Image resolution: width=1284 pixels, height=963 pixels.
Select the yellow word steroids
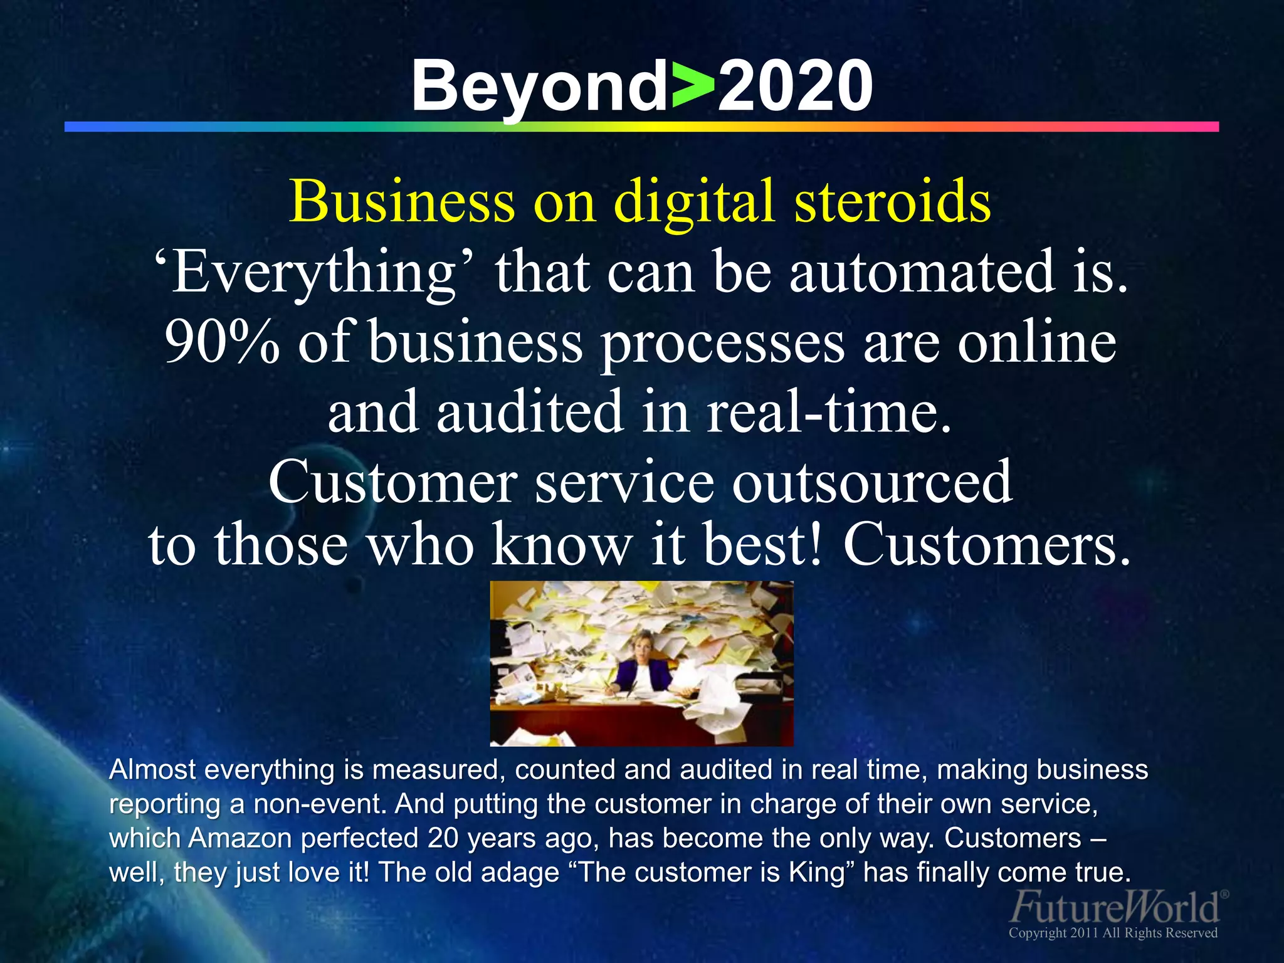click(x=892, y=201)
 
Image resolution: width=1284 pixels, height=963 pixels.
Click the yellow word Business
click(x=401, y=201)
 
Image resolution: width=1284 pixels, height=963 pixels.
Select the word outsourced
click(x=872, y=482)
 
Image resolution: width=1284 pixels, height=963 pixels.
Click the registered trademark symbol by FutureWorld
click(x=1225, y=894)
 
